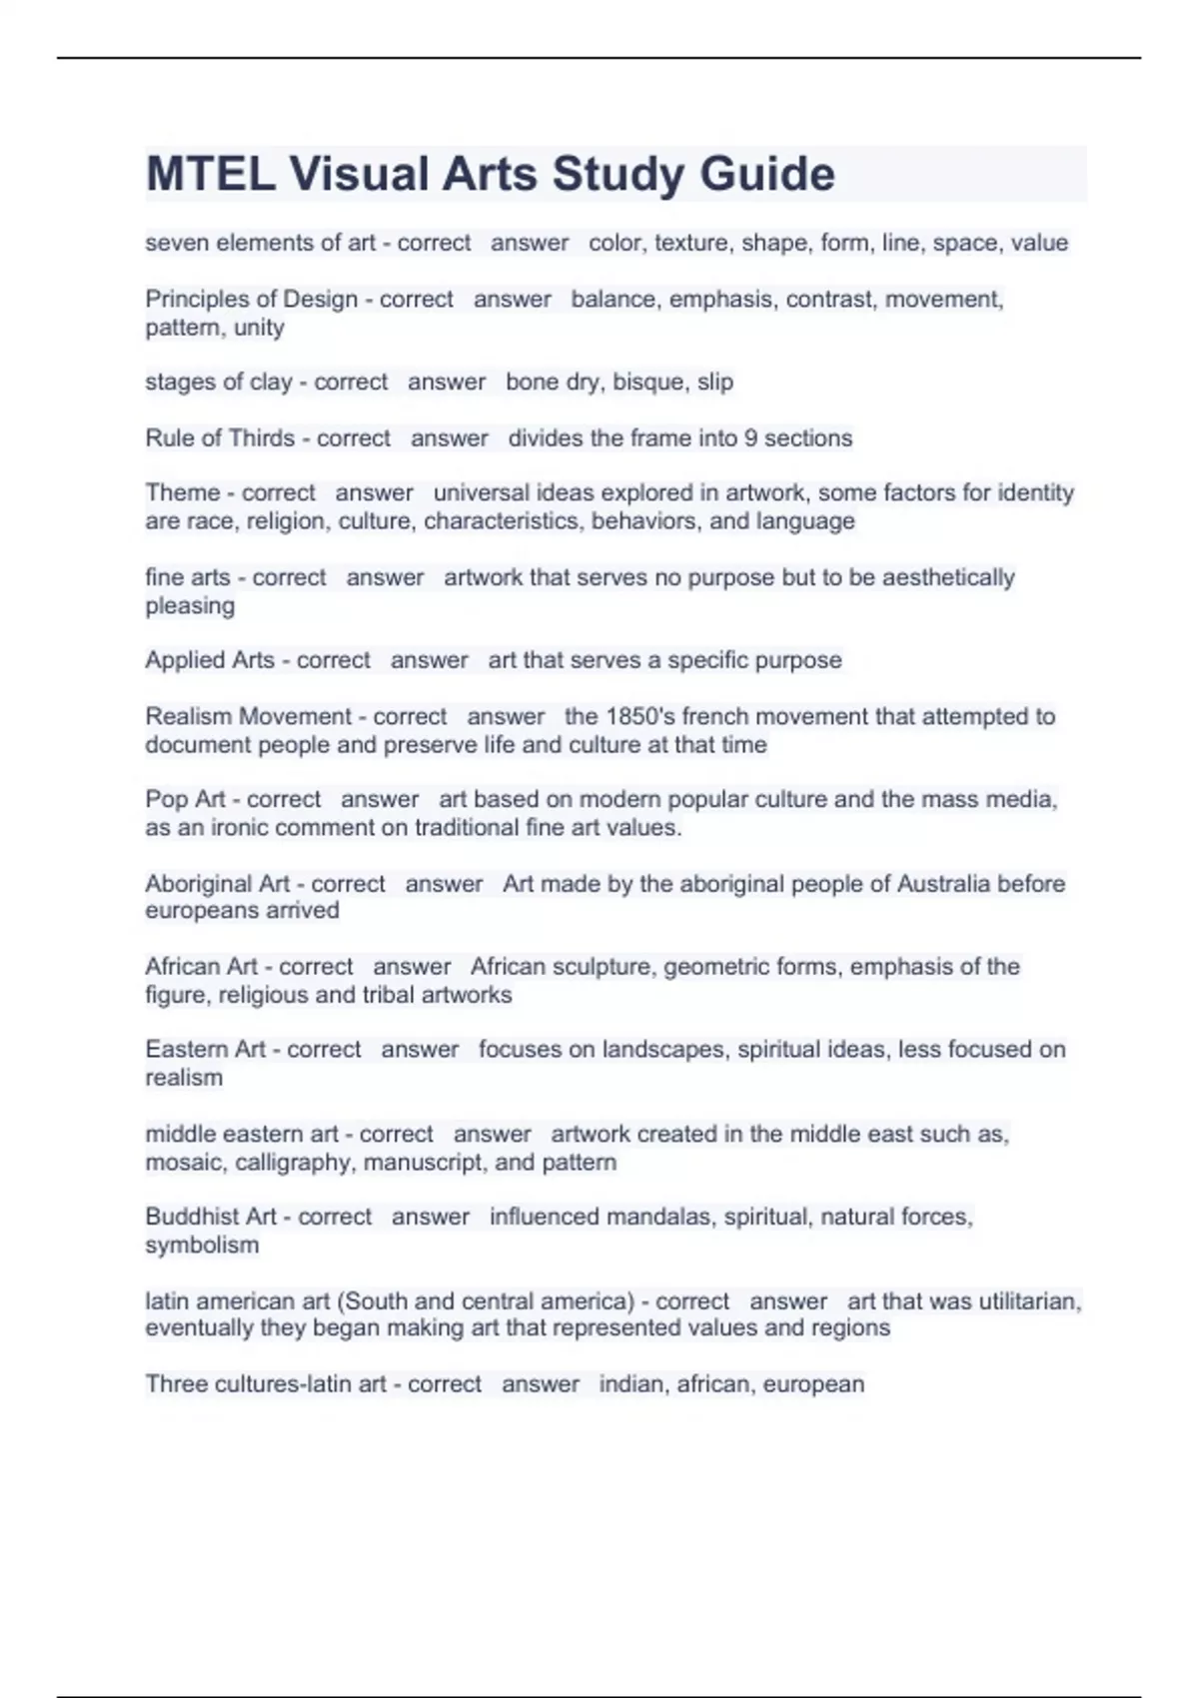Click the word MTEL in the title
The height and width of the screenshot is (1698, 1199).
(211, 174)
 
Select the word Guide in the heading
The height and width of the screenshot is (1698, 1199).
(766, 174)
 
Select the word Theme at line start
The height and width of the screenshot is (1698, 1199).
(183, 492)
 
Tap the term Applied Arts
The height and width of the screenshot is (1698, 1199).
(210, 660)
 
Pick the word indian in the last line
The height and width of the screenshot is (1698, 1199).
(633, 1384)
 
